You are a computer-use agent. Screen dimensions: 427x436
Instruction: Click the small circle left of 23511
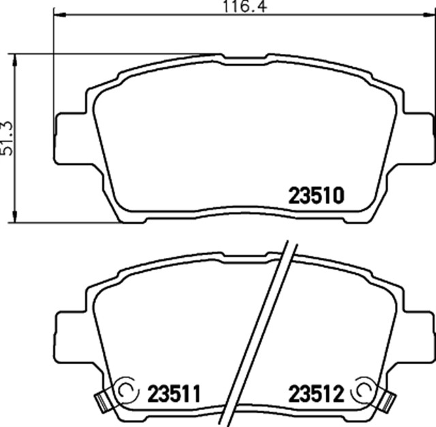pyautogui.click(x=126, y=389)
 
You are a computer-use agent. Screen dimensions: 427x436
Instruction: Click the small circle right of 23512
pyautogui.click(x=362, y=389)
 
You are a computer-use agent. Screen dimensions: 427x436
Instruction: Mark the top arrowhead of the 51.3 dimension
pyautogui.click(x=14, y=59)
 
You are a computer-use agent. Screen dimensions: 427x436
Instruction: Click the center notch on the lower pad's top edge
pyautogui.click(x=243, y=254)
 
